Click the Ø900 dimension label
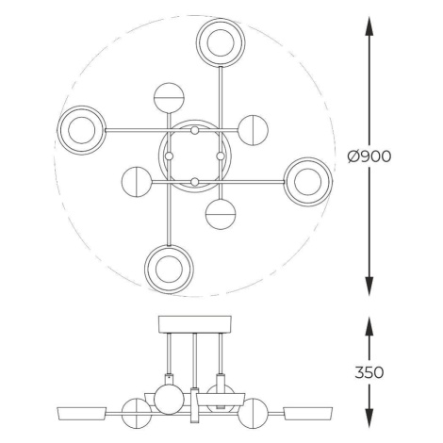point(369,156)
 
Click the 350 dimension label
point(369,372)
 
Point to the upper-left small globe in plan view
point(169,98)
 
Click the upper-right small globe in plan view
point(254,130)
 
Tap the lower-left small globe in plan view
point(137,182)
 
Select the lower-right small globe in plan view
point(221,215)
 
